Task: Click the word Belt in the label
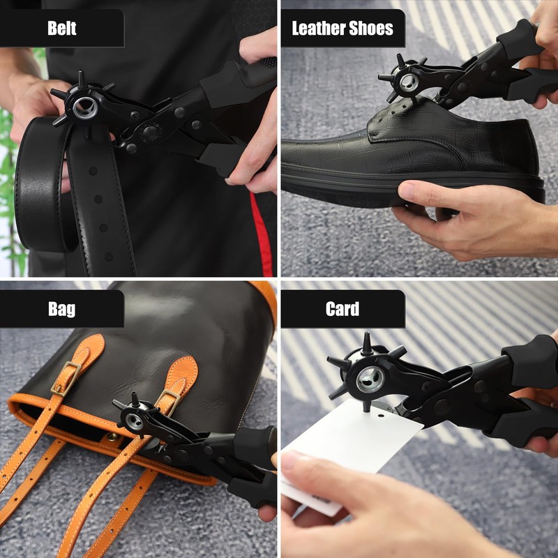click(62, 28)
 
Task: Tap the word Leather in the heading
click(319, 28)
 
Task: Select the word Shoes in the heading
click(371, 28)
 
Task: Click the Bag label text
click(62, 309)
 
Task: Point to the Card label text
click(342, 309)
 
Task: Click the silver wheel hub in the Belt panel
click(85, 107)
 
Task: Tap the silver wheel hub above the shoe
click(409, 82)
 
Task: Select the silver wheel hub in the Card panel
click(370, 379)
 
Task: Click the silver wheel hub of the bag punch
click(134, 421)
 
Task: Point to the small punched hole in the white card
click(381, 415)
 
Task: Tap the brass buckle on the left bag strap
click(66, 378)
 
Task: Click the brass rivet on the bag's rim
click(114, 437)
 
